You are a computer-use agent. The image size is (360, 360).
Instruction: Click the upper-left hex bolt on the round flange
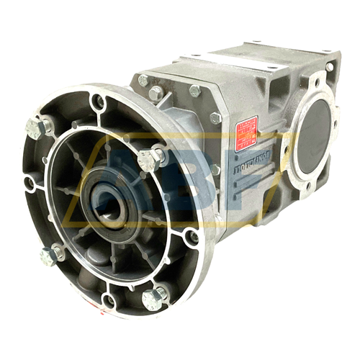pos(37,128)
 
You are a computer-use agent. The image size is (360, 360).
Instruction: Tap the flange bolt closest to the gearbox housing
pos(152,158)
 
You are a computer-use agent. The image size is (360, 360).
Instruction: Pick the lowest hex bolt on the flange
pos(153,298)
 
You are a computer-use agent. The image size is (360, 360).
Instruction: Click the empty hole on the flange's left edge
pos(29,185)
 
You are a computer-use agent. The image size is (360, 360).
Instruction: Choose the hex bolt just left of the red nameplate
pos(215,118)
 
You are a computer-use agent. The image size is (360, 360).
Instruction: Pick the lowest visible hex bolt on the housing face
pos(215,170)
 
